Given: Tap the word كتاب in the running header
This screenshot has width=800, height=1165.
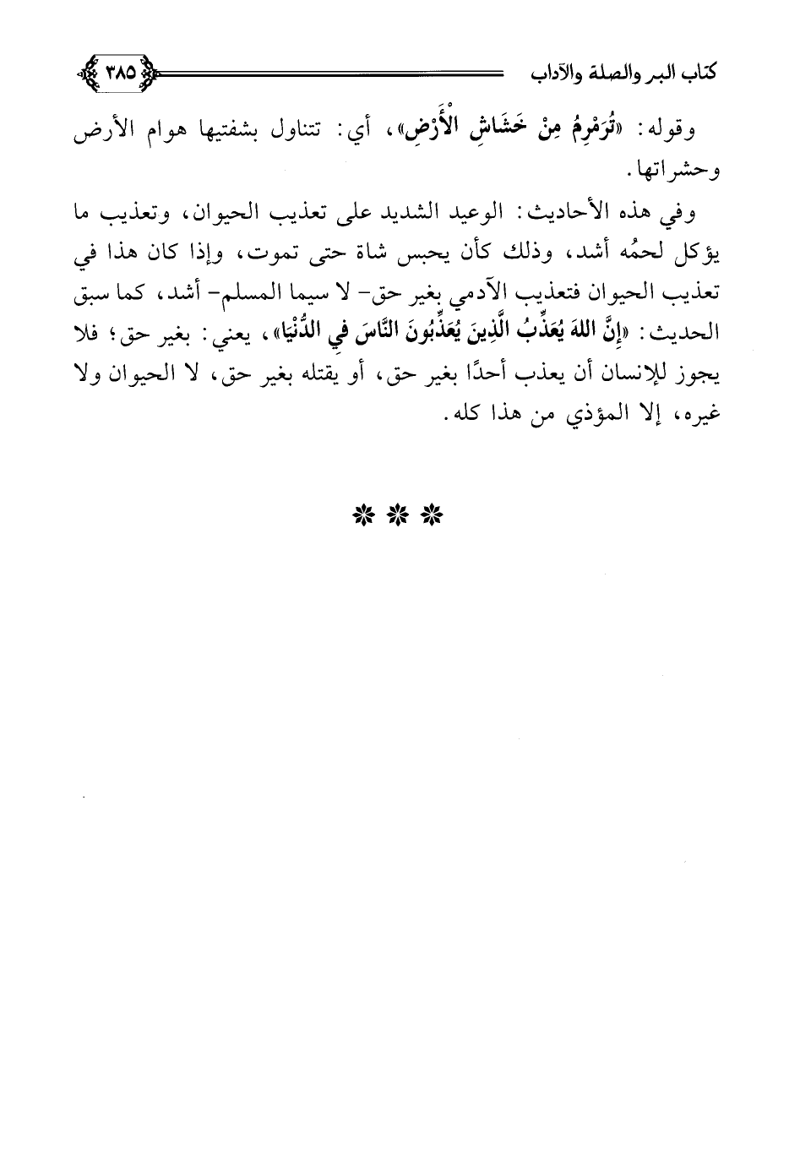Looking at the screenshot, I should [x=714, y=73].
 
